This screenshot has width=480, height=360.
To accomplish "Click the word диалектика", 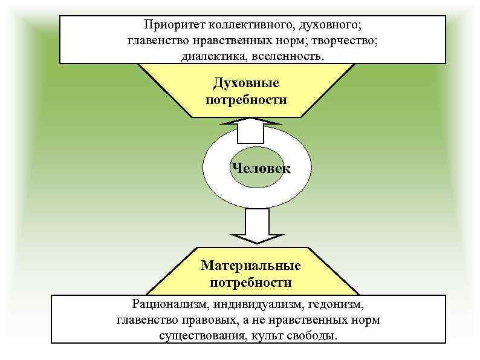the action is pos(210,56).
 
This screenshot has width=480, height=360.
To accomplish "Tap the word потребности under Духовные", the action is pos(246,99).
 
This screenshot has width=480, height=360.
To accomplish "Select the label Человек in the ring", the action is pos(260,169).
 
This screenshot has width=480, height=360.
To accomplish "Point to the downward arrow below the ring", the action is pos(248,225).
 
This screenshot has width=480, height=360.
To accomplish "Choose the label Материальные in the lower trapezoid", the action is pos(251,266).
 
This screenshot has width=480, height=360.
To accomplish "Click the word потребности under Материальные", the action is pos(251,282).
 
